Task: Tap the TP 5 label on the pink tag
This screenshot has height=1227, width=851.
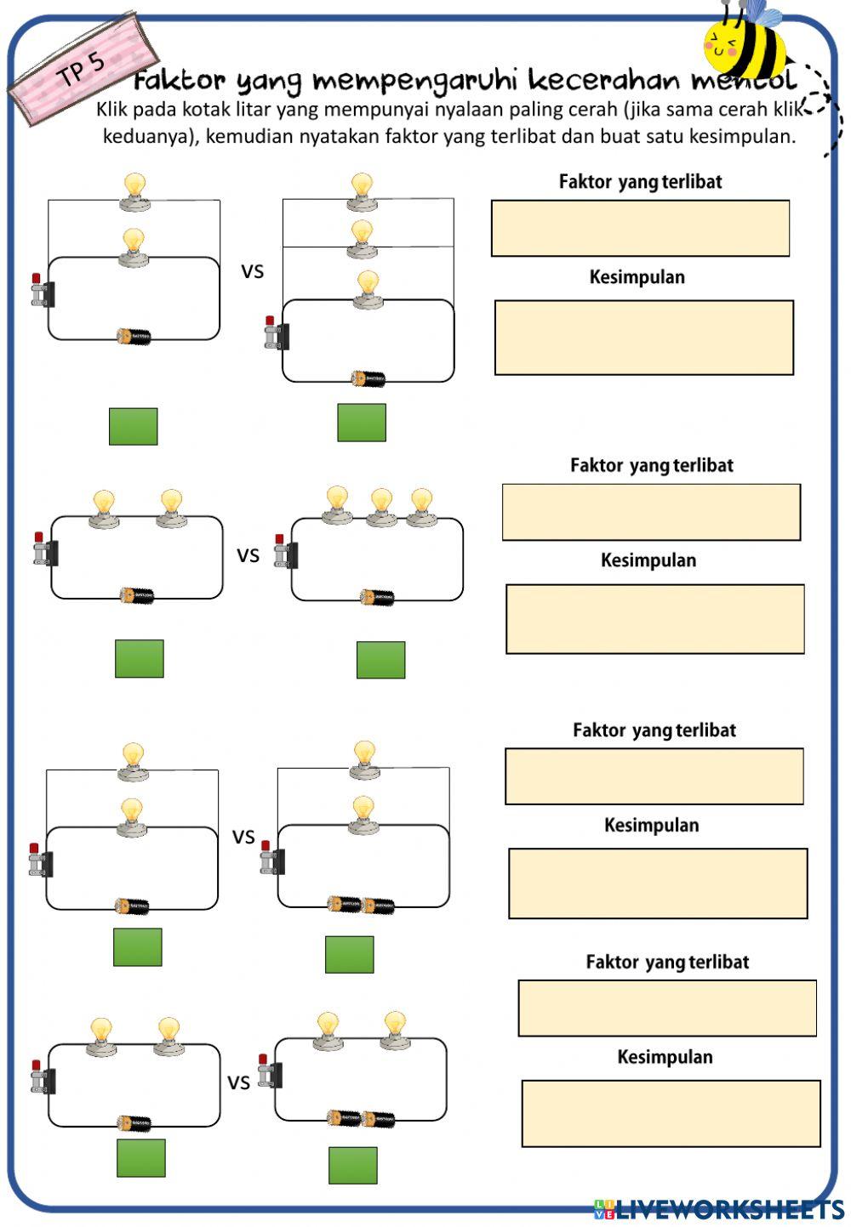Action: pyautogui.click(x=82, y=69)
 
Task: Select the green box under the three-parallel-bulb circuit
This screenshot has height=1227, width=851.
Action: pyautogui.click(x=362, y=423)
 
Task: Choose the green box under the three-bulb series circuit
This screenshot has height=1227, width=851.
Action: pyautogui.click(x=380, y=660)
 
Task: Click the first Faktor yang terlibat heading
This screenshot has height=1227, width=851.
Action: pyautogui.click(x=640, y=181)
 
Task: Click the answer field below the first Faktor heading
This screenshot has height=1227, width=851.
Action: pyautogui.click(x=640, y=228)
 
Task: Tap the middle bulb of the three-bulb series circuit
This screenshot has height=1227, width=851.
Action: pyautogui.click(x=381, y=508)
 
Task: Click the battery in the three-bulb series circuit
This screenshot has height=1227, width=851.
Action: pyautogui.click(x=377, y=598)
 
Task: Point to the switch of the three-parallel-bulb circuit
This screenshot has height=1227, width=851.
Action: pyautogui.click(x=276, y=334)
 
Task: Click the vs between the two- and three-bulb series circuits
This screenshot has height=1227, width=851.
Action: pyautogui.click(x=248, y=555)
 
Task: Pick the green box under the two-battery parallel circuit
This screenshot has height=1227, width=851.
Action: pyautogui.click(x=349, y=954)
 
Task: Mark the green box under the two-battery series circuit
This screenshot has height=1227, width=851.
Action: pyautogui.click(x=352, y=1165)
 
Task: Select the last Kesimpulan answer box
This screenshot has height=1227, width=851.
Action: pyautogui.click(x=671, y=1113)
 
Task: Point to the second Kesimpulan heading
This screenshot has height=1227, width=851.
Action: pyautogui.click(x=648, y=560)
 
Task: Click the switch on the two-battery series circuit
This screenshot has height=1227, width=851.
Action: pyautogui.click(x=268, y=1073)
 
